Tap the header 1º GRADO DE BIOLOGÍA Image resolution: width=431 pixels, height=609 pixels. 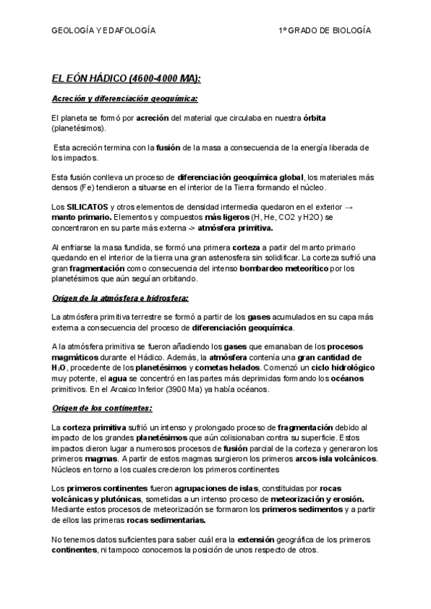(x=325, y=31)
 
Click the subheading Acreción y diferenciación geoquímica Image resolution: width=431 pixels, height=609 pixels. (x=125, y=98)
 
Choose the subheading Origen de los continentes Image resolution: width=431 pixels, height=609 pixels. (x=102, y=408)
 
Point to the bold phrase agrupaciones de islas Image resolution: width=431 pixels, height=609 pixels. (x=228, y=488)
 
